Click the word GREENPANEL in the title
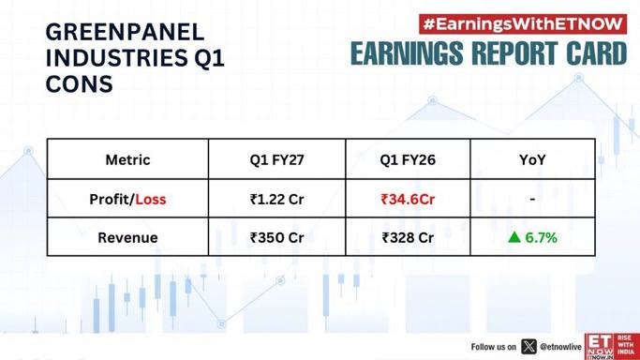(125, 32)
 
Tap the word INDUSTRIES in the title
(116, 58)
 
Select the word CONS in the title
(80, 84)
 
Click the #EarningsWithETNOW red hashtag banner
(523, 24)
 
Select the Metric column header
(127, 159)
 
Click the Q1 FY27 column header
(277, 159)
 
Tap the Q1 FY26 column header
(408, 159)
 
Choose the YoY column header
(532, 159)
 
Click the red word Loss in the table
(151, 199)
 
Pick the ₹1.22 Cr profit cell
(277, 199)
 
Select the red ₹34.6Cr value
(408, 199)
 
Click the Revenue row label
(127, 237)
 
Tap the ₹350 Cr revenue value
(277, 237)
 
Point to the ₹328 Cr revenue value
(408, 237)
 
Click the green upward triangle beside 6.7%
(514, 237)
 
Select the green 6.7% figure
(542, 237)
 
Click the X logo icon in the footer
(529, 347)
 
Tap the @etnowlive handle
(560, 347)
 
